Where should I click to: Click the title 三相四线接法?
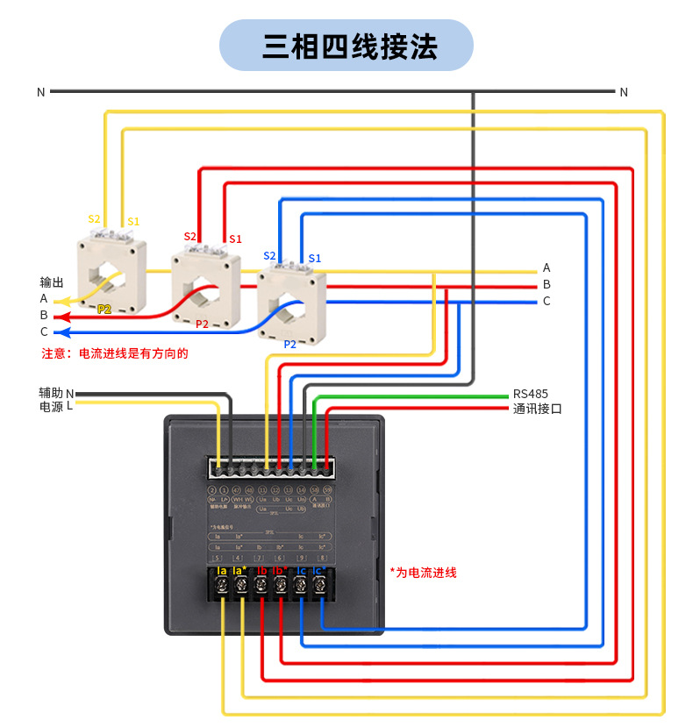click(346, 46)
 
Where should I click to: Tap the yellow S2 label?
click(94, 218)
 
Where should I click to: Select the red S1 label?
click(234, 239)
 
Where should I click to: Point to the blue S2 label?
click(269, 256)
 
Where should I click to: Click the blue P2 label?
click(289, 345)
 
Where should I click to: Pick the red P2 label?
click(202, 324)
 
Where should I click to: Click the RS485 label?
click(531, 394)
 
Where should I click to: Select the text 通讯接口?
click(537, 409)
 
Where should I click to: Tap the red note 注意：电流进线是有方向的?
click(115, 354)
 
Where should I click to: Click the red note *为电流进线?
click(423, 573)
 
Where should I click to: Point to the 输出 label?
click(52, 282)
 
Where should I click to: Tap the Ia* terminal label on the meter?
click(239, 572)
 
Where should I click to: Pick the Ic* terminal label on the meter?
click(320, 572)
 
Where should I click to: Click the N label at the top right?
click(624, 92)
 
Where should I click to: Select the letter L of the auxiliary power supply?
click(69, 406)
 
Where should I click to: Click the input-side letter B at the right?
click(547, 284)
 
